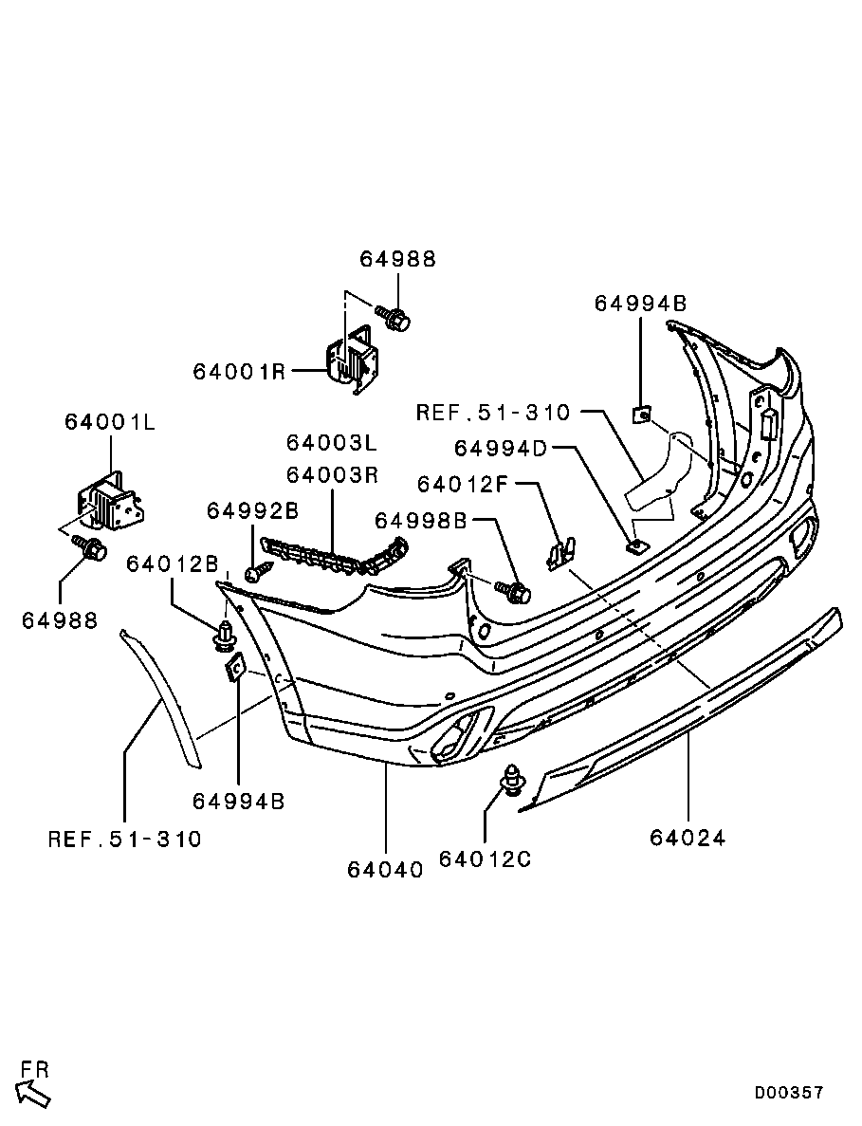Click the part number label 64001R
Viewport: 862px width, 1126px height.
point(239,371)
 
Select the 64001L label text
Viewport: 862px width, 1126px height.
point(110,421)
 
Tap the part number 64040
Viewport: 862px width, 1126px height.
point(385,869)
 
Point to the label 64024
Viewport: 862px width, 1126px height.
point(688,838)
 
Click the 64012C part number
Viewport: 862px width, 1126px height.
point(485,858)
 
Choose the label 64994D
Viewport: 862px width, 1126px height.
point(502,448)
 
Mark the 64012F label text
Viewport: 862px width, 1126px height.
point(465,484)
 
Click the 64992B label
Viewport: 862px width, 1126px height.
point(253,511)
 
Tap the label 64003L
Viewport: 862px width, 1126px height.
point(332,443)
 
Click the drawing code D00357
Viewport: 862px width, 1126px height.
point(789,1093)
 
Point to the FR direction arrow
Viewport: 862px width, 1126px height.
point(34,1094)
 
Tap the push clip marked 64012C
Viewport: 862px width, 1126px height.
point(514,781)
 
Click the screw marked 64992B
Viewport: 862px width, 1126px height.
point(257,572)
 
